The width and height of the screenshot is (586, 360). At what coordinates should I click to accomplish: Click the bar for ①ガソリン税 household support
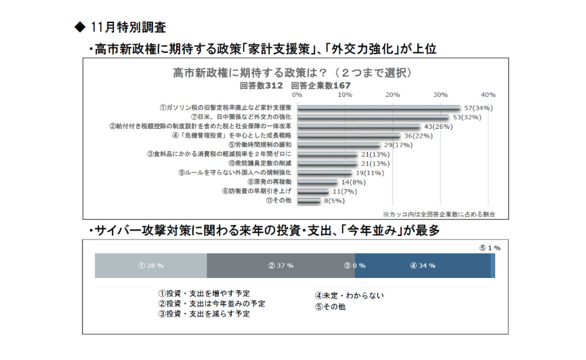[x=378, y=107]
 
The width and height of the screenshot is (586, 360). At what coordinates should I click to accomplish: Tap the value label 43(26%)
[x=438, y=126]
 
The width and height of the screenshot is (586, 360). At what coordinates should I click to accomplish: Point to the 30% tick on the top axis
[x=440, y=94]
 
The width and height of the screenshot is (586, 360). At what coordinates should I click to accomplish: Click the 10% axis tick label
[x=345, y=94]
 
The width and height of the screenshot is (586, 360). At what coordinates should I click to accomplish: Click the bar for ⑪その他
[x=308, y=201]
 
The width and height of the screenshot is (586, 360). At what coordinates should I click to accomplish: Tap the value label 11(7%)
[x=345, y=191]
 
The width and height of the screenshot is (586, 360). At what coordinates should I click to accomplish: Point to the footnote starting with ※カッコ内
[x=438, y=214]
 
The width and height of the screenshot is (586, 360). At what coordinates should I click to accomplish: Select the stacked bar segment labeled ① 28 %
[x=150, y=265]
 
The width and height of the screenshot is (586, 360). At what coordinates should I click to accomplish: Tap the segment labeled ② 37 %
[x=280, y=265]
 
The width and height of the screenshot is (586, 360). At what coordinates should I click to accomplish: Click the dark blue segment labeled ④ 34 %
[x=422, y=265]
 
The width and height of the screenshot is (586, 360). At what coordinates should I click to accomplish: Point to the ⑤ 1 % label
[x=489, y=248]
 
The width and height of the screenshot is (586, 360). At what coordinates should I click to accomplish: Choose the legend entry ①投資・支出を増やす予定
[x=204, y=294]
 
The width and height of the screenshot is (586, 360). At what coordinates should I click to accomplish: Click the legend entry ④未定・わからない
[x=349, y=295]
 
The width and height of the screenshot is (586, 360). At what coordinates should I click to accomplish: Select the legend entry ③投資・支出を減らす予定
[x=204, y=314]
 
